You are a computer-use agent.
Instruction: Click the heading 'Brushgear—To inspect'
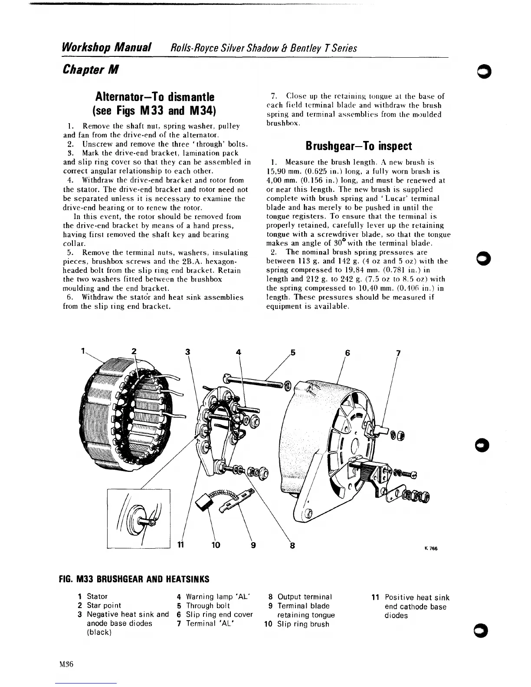(x=358, y=146)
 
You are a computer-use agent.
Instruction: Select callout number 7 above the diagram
(x=398, y=353)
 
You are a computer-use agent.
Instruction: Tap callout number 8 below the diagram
(x=292, y=546)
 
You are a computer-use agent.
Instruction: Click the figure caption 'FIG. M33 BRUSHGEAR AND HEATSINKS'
(x=134, y=579)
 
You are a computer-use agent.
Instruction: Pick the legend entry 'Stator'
(x=97, y=596)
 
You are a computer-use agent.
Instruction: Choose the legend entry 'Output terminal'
(x=305, y=597)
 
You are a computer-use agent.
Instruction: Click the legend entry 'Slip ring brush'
(x=303, y=624)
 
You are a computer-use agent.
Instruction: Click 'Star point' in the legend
(x=104, y=605)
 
